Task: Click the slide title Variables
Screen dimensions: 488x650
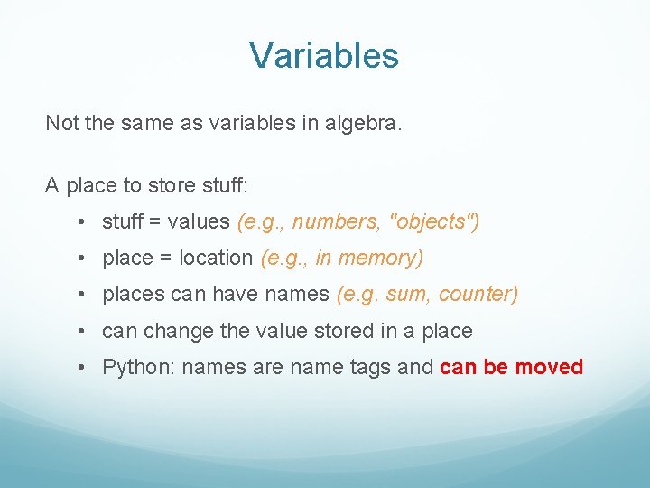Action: click(x=324, y=56)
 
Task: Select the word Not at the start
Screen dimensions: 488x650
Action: click(x=61, y=123)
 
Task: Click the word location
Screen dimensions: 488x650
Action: click(x=216, y=258)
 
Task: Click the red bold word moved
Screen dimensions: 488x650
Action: click(x=549, y=368)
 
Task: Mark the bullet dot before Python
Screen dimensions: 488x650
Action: click(x=81, y=367)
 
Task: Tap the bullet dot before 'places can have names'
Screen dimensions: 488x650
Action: click(x=81, y=294)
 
